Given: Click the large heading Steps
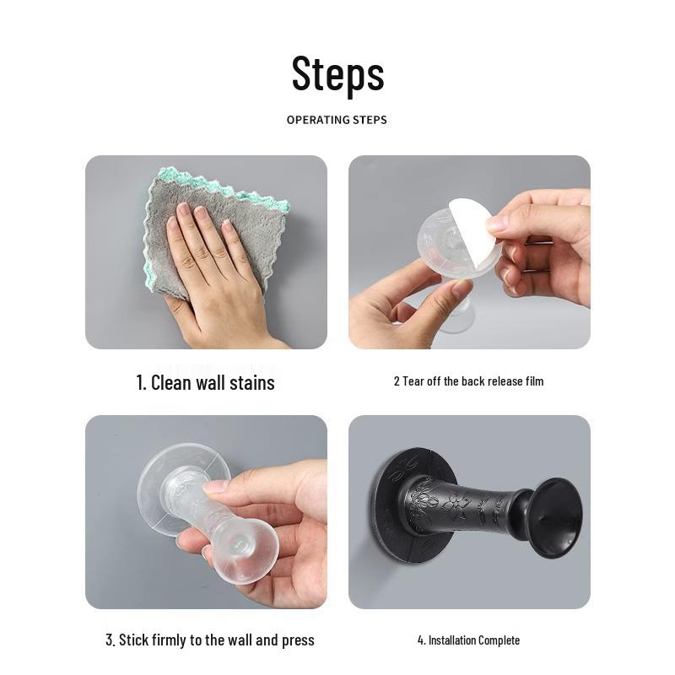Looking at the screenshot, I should (337, 73).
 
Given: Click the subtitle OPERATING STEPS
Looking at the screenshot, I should (337, 120).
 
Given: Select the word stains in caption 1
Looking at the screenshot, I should (252, 382).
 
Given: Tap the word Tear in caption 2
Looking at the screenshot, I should (413, 381).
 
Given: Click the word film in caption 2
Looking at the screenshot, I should (533, 381).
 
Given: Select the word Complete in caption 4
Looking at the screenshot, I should (499, 640).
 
